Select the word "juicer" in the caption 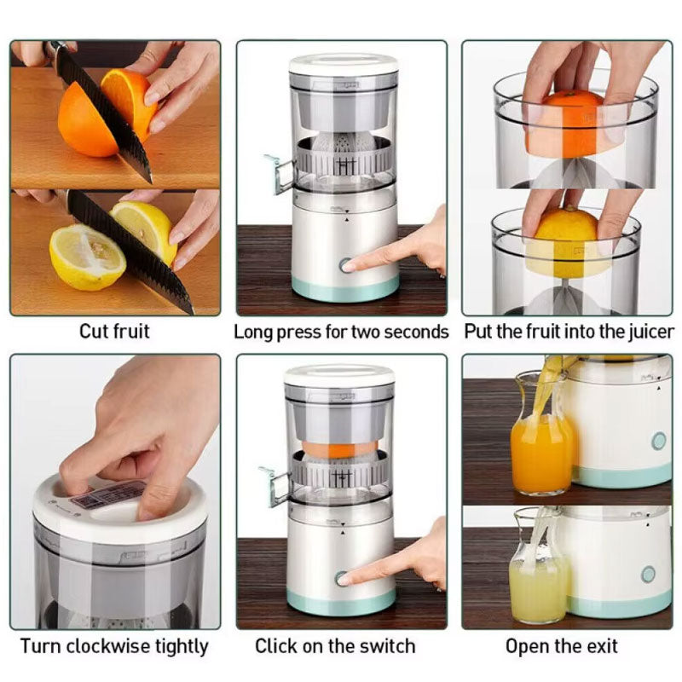651,332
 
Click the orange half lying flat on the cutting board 84,122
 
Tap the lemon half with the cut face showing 87,257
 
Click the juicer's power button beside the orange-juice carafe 659,441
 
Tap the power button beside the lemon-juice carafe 648,575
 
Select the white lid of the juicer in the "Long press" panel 344,63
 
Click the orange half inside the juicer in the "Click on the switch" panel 339,448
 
